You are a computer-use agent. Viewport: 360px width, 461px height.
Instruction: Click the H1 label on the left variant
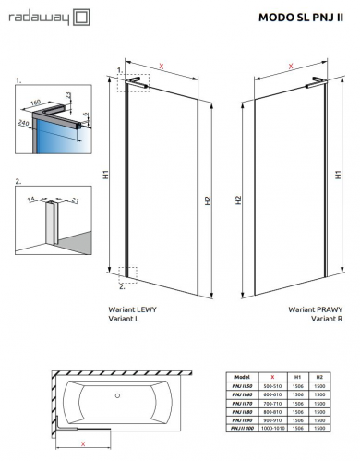(x=106, y=174)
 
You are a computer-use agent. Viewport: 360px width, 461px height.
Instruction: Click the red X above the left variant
(x=162, y=66)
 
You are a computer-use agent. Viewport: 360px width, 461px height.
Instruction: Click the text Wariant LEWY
(x=132, y=309)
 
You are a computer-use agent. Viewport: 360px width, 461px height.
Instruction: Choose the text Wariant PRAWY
(x=309, y=309)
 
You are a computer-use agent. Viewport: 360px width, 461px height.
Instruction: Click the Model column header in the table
(x=243, y=377)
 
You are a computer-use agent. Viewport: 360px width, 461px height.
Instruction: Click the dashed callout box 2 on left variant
(x=128, y=273)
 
